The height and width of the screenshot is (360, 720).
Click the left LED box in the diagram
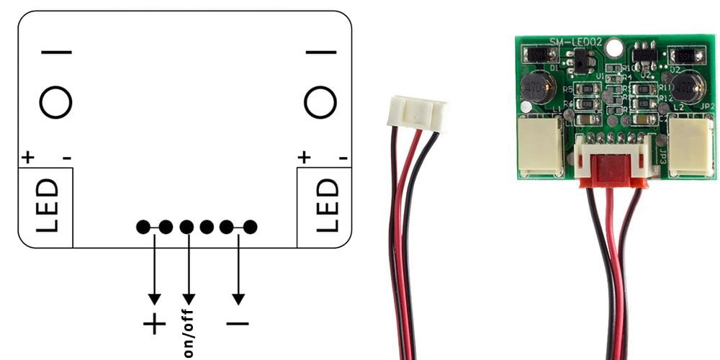45,207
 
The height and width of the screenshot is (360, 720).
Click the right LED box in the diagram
325,207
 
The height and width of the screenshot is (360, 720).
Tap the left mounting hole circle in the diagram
55,102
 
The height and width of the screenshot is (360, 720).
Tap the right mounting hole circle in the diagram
320,102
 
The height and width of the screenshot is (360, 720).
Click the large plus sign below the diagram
154,325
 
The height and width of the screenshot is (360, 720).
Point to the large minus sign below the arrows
238,323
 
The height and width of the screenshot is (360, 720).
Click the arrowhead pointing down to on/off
189,298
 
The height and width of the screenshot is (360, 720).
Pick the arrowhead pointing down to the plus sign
154,298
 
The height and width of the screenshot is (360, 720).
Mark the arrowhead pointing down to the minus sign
238,298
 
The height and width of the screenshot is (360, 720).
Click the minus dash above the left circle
56,52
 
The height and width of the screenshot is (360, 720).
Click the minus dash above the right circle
320,52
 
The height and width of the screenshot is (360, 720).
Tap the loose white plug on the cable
417,113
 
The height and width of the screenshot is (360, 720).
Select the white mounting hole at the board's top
613,49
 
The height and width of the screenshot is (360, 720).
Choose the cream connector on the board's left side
541,146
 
